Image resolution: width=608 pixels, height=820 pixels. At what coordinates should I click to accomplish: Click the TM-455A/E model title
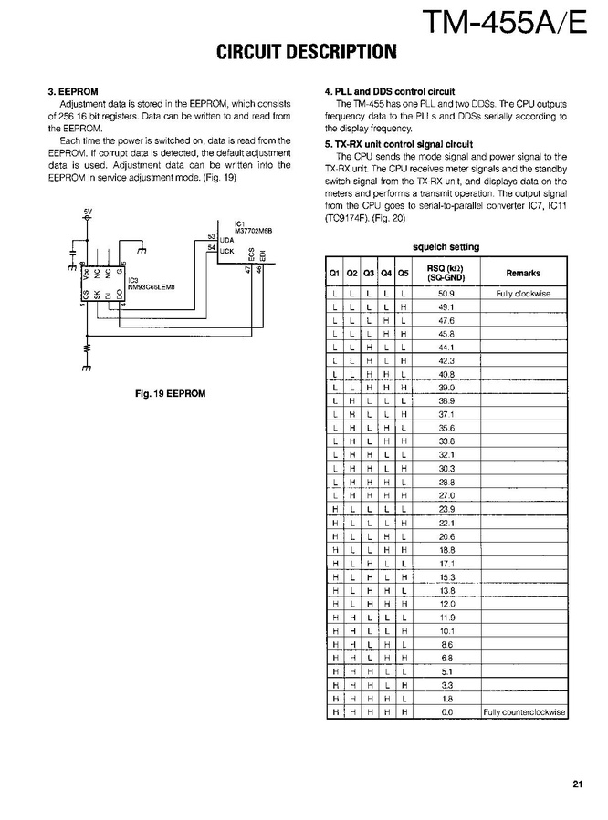[501, 19]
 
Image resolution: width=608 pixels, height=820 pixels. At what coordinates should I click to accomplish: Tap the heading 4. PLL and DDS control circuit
[390, 92]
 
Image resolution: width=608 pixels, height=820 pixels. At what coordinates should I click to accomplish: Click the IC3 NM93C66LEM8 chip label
[151, 284]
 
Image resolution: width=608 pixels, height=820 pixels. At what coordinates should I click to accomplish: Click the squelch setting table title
[446, 247]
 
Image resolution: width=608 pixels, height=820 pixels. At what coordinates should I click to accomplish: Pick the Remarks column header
[522, 273]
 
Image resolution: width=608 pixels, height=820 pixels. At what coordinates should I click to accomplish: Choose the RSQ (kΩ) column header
[446, 273]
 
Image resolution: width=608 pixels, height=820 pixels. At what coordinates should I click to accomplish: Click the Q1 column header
[334, 273]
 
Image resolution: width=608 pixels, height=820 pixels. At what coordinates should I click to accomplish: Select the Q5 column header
[403, 273]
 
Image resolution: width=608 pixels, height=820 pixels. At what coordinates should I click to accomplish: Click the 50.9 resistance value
[446, 295]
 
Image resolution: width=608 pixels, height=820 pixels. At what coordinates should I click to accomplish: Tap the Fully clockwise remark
[522, 295]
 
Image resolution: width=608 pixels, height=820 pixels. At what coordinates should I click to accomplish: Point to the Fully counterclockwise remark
[524, 711]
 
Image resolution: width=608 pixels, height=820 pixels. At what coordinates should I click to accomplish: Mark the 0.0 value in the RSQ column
[446, 711]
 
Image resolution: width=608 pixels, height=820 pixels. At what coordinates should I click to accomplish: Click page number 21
[579, 783]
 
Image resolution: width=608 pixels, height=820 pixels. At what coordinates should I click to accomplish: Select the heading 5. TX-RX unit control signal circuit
[399, 144]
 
